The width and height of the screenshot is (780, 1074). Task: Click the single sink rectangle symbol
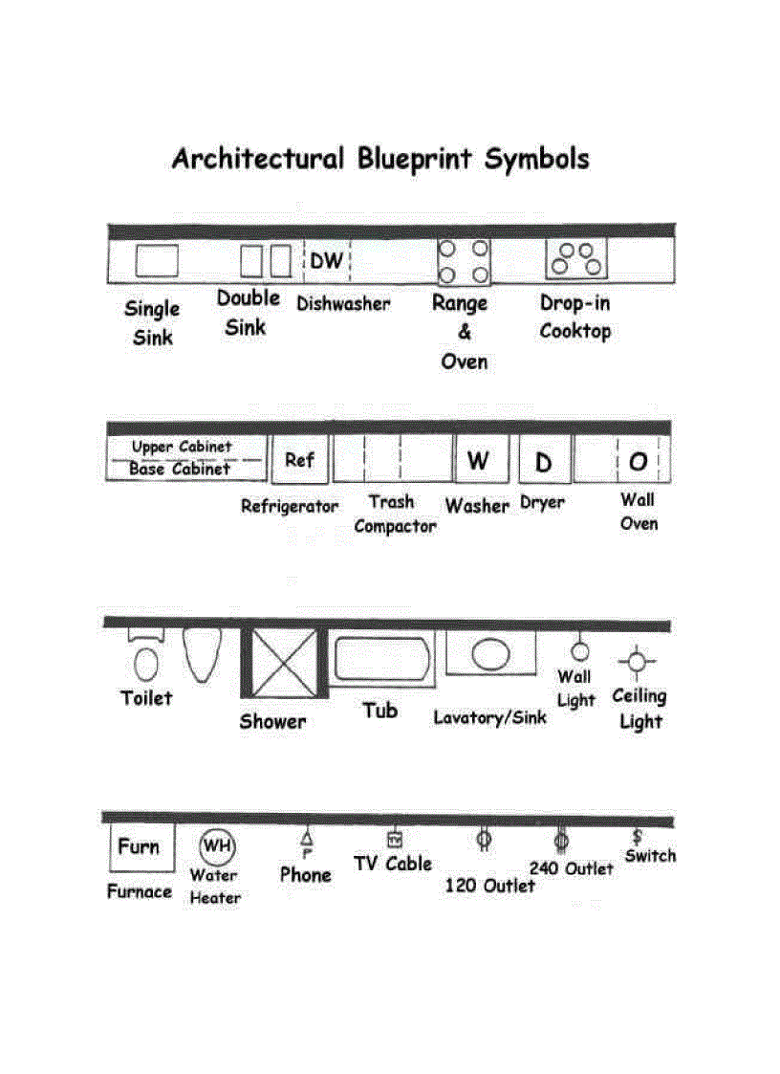[156, 260]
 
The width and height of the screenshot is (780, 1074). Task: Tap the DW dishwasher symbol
[327, 261]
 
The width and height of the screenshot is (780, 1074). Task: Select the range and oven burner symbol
[463, 261]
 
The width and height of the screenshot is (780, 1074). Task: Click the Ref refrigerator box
[299, 460]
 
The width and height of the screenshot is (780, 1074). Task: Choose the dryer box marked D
[544, 462]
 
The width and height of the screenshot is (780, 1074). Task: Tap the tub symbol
[381, 659]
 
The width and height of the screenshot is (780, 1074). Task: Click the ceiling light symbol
[636, 661]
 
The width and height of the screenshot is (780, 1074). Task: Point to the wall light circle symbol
[579, 651]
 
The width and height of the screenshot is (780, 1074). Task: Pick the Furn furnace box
[141, 846]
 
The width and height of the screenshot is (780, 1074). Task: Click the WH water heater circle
[216, 845]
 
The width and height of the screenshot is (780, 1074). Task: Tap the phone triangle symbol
[307, 837]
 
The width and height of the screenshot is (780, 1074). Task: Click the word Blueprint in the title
[415, 158]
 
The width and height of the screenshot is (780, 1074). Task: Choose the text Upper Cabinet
[182, 447]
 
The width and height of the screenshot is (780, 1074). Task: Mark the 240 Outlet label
[572, 868]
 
